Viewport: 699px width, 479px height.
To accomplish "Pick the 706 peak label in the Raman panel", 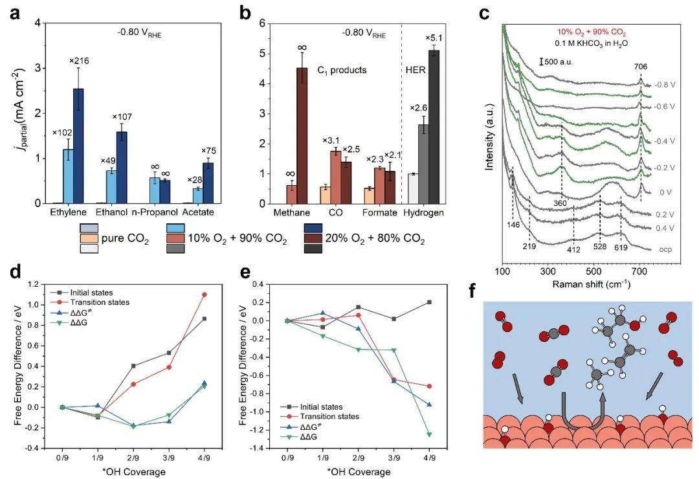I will point(641,67).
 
